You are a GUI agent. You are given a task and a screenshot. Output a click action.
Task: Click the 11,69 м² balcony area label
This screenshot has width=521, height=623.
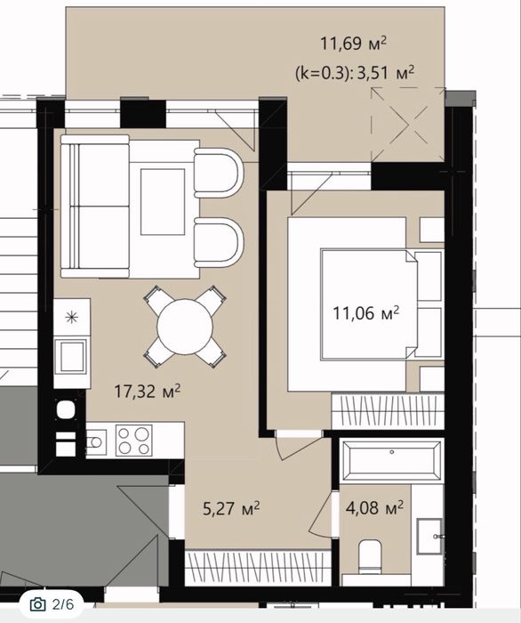click(353, 43)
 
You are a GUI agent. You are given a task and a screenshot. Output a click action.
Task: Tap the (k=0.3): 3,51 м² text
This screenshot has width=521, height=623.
click(355, 73)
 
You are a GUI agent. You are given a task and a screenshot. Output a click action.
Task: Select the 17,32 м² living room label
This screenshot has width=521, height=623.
click(148, 391)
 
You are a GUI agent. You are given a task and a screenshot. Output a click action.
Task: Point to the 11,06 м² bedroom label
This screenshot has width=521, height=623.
click(365, 313)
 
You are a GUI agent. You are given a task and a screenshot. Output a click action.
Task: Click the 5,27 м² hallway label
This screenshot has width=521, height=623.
click(231, 508)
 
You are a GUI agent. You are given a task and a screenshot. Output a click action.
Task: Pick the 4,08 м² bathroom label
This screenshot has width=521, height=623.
click(374, 507)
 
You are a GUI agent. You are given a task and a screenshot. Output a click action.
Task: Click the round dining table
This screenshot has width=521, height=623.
click(185, 327)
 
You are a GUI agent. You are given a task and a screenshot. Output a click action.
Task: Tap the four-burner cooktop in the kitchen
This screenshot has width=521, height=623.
click(133, 440)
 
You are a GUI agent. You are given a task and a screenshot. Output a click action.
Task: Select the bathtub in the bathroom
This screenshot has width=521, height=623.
click(392, 461)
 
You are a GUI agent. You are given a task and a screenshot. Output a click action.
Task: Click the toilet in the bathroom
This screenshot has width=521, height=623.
click(370, 556)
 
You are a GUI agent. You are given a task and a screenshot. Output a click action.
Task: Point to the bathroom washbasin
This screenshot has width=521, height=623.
click(429, 536)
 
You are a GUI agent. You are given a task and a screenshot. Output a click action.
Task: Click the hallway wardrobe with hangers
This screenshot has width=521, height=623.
click(258, 568)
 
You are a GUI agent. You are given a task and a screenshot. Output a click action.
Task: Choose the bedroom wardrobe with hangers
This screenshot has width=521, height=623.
click(388, 411)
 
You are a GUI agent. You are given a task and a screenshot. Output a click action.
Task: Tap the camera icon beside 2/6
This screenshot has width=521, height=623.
click(37, 604)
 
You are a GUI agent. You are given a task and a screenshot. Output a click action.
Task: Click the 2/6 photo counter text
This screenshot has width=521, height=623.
click(63, 604)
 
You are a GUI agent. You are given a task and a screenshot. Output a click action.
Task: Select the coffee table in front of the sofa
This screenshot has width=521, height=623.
click(163, 202)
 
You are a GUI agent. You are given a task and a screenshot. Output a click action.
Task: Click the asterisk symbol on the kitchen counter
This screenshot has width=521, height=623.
click(71, 317)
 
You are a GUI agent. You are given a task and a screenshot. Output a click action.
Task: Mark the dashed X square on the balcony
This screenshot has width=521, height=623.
click(408, 125)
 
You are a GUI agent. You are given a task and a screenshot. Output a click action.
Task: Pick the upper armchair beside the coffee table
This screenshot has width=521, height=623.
click(218, 173)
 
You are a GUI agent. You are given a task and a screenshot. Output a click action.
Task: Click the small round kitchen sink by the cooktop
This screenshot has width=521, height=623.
click(96, 441)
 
